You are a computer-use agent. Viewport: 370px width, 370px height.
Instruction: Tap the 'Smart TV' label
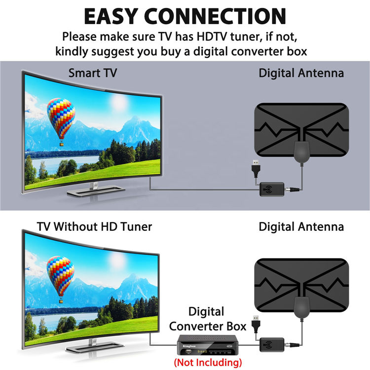93,74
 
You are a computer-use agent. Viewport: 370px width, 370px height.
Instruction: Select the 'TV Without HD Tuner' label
94,227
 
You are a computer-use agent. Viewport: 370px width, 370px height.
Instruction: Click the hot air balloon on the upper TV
61,118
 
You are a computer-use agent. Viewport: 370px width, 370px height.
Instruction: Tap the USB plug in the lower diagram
255,323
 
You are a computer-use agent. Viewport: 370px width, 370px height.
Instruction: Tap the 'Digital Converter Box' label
206,319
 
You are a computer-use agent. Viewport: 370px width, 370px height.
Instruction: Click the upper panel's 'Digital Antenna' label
301,74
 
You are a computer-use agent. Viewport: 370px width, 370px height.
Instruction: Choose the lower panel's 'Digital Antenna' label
301,227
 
